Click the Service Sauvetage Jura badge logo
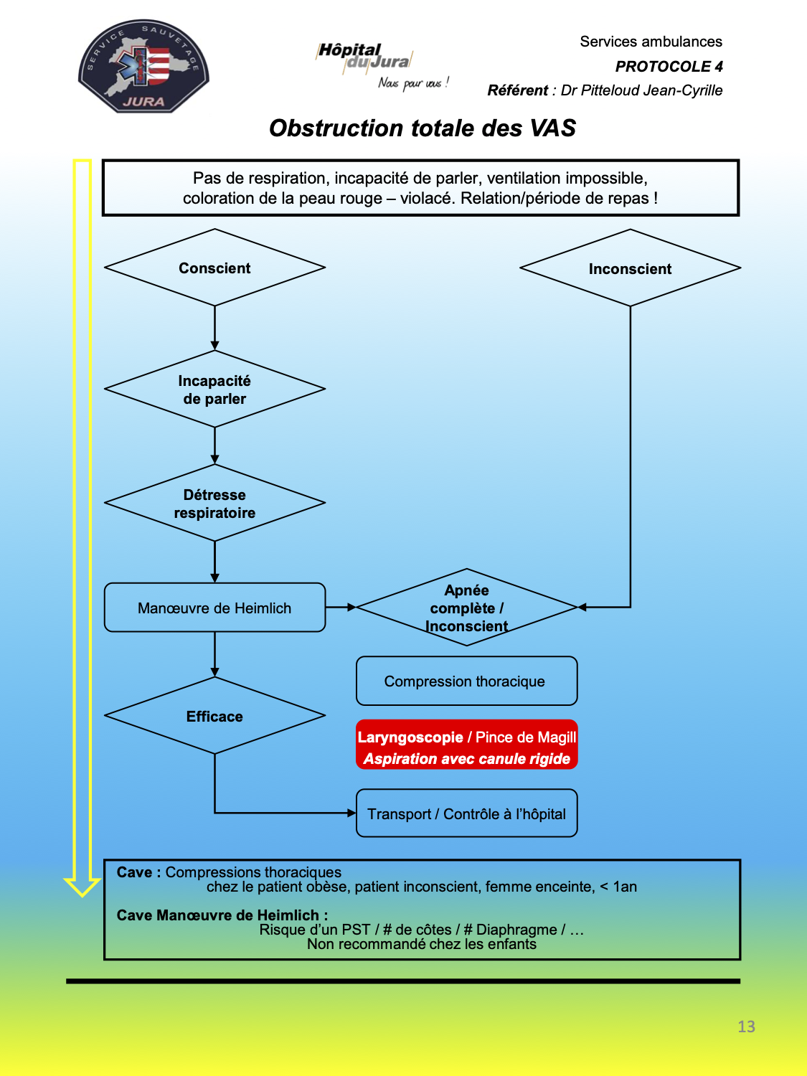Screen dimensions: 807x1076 point(143,66)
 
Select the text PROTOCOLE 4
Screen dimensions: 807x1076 point(669,66)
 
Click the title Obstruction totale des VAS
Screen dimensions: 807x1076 point(423,128)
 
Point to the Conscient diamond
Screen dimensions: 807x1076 point(214,268)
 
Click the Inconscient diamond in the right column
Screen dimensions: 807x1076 point(630,268)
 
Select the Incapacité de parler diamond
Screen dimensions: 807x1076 point(214,389)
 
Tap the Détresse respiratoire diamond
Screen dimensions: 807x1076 point(214,503)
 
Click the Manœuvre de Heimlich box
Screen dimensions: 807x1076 point(214,608)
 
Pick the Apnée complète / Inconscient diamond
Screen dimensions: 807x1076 point(466,608)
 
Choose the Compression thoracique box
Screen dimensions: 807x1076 point(466,681)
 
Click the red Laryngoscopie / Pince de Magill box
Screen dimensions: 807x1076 point(466,745)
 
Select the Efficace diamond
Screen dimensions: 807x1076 point(214,716)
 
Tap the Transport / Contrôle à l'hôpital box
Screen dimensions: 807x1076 point(466,813)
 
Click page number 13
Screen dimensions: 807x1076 point(746,1027)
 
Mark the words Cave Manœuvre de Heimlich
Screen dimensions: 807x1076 point(218,915)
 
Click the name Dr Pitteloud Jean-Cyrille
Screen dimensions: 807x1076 point(641,90)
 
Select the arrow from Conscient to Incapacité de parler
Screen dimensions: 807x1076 point(214,328)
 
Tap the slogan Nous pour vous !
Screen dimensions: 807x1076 point(413,82)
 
